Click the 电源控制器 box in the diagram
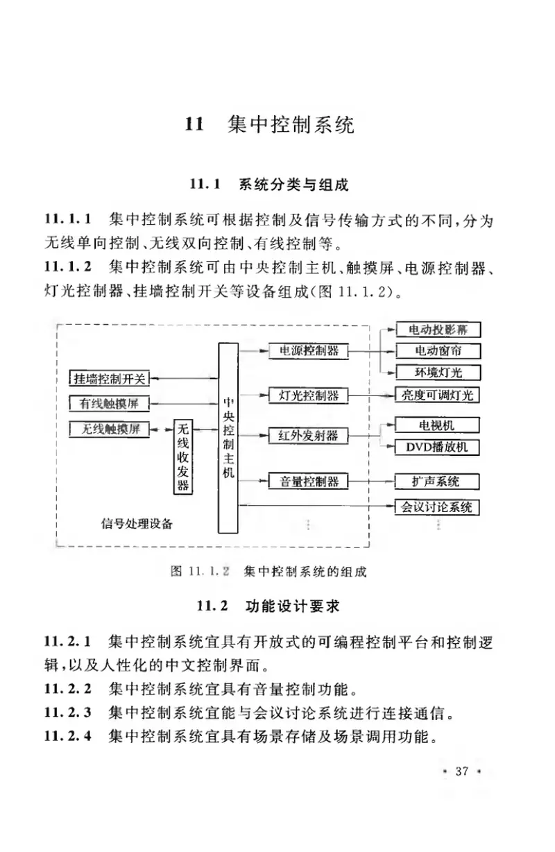click(308, 351)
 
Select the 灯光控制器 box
click(308, 395)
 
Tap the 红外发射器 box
click(308, 435)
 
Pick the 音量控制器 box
click(308, 480)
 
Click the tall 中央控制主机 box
click(228, 437)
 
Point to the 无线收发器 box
click(182, 457)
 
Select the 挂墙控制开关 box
click(110, 378)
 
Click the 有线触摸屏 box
click(110, 403)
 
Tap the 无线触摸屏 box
click(110, 429)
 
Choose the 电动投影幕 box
click(437, 330)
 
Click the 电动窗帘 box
click(437, 350)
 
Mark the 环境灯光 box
click(437, 373)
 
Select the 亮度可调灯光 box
click(437, 395)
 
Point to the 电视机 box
click(437, 424)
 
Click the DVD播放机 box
click(437, 447)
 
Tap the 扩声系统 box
click(437, 480)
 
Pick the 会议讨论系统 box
click(437, 506)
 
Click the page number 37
click(461, 772)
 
